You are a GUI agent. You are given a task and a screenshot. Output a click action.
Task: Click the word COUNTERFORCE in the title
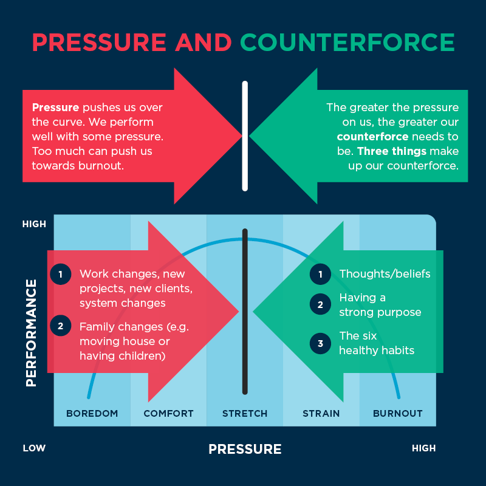[x=347, y=42]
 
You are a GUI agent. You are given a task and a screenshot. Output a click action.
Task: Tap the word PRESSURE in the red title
[x=99, y=42]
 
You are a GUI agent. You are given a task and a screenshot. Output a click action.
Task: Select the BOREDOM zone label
[x=92, y=414]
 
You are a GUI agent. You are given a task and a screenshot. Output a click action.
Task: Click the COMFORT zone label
[x=169, y=414]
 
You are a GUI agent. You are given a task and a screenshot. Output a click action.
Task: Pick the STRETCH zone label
[x=245, y=414]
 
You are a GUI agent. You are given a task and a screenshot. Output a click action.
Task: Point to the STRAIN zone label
[x=321, y=414]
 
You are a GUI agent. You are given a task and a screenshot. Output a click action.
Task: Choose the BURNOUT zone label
[x=398, y=414]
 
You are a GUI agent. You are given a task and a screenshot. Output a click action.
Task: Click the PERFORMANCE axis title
[x=32, y=333]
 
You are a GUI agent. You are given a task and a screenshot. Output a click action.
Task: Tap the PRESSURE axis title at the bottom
[x=245, y=449]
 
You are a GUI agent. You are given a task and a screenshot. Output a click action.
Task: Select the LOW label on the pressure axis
[x=34, y=448]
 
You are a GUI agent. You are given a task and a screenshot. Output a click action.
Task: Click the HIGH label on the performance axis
[x=34, y=224]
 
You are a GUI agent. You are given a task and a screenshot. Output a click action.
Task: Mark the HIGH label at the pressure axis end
[x=423, y=448]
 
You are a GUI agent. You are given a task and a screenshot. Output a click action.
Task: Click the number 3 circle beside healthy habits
[x=321, y=343]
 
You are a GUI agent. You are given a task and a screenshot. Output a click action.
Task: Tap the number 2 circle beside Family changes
[x=61, y=326]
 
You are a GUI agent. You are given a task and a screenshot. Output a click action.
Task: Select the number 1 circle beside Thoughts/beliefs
[x=321, y=275]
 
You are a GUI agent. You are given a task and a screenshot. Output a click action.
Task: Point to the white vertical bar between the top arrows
[x=245, y=136]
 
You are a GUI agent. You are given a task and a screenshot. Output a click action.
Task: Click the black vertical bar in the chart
[x=245, y=312]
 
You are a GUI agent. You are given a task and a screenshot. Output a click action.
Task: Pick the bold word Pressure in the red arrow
[x=55, y=108]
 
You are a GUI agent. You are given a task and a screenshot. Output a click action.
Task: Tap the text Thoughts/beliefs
[x=385, y=274]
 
